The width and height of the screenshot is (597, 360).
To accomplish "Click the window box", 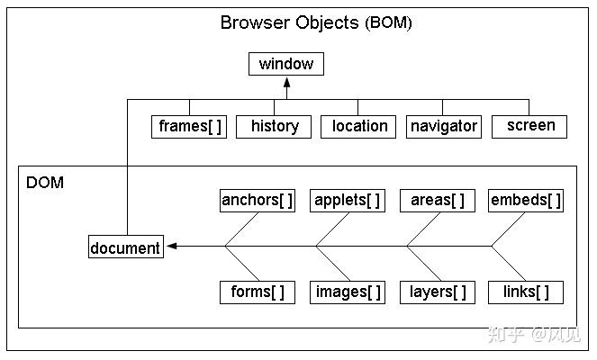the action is pos(286,64).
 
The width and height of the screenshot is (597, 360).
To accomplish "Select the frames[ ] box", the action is pos(189,127).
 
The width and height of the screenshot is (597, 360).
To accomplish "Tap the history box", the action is pos(274,127).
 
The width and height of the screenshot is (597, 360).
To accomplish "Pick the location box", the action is pos(358,127).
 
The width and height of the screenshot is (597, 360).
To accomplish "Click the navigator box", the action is pos(444,127).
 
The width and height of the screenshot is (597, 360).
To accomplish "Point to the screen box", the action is pos(529,127).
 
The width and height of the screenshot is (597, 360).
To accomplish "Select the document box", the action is pos(126,247).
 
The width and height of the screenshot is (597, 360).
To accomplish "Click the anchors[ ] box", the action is pos(258,201).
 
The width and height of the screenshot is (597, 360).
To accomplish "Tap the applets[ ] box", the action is pos(348,201).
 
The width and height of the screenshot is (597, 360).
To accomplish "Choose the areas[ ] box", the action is pos(438,201).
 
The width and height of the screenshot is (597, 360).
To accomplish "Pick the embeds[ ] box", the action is pos(526,201).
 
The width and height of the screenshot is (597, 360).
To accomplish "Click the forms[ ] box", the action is pos(258,292).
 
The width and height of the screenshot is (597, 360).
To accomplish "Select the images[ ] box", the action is pos(348,292).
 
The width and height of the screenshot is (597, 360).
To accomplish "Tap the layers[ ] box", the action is pos(438,292).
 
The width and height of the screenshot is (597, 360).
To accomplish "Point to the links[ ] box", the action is pos(526,292).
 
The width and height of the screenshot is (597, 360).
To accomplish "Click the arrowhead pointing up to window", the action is pos(287,83).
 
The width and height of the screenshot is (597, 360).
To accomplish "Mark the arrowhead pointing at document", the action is pos(172,246).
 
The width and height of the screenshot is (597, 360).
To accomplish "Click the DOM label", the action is pos(45,183).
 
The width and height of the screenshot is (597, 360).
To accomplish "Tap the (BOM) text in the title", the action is pos(388,22).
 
